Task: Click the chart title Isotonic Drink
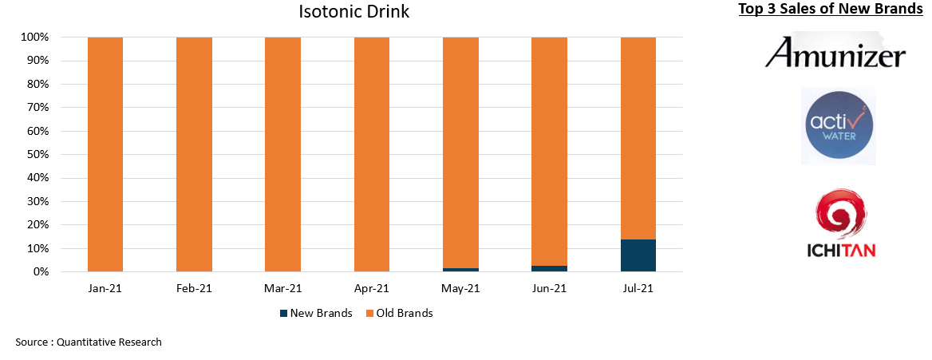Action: click(x=353, y=12)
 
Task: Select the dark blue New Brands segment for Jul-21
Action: click(x=638, y=255)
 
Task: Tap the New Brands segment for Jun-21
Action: click(x=549, y=268)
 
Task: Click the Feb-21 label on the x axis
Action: click(x=194, y=289)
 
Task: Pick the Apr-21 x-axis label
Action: click(x=372, y=289)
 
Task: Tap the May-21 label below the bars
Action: click(x=460, y=289)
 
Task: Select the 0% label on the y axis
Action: click(x=41, y=272)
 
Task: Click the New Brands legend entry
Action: click(x=316, y=313)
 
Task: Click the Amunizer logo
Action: click(x=835, y=53)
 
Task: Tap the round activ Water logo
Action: click(x=839, y=125)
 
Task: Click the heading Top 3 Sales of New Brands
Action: click(x=830, y=10)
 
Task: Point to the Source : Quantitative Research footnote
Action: click(x=89, y=342)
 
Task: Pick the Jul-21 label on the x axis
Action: click(x=638, y=289)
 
